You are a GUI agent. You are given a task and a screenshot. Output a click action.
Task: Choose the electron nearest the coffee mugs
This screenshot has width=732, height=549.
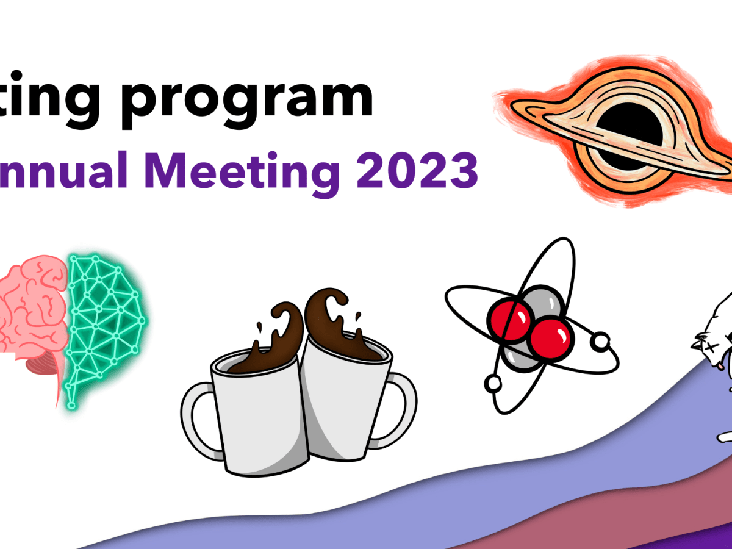(493, 383)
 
